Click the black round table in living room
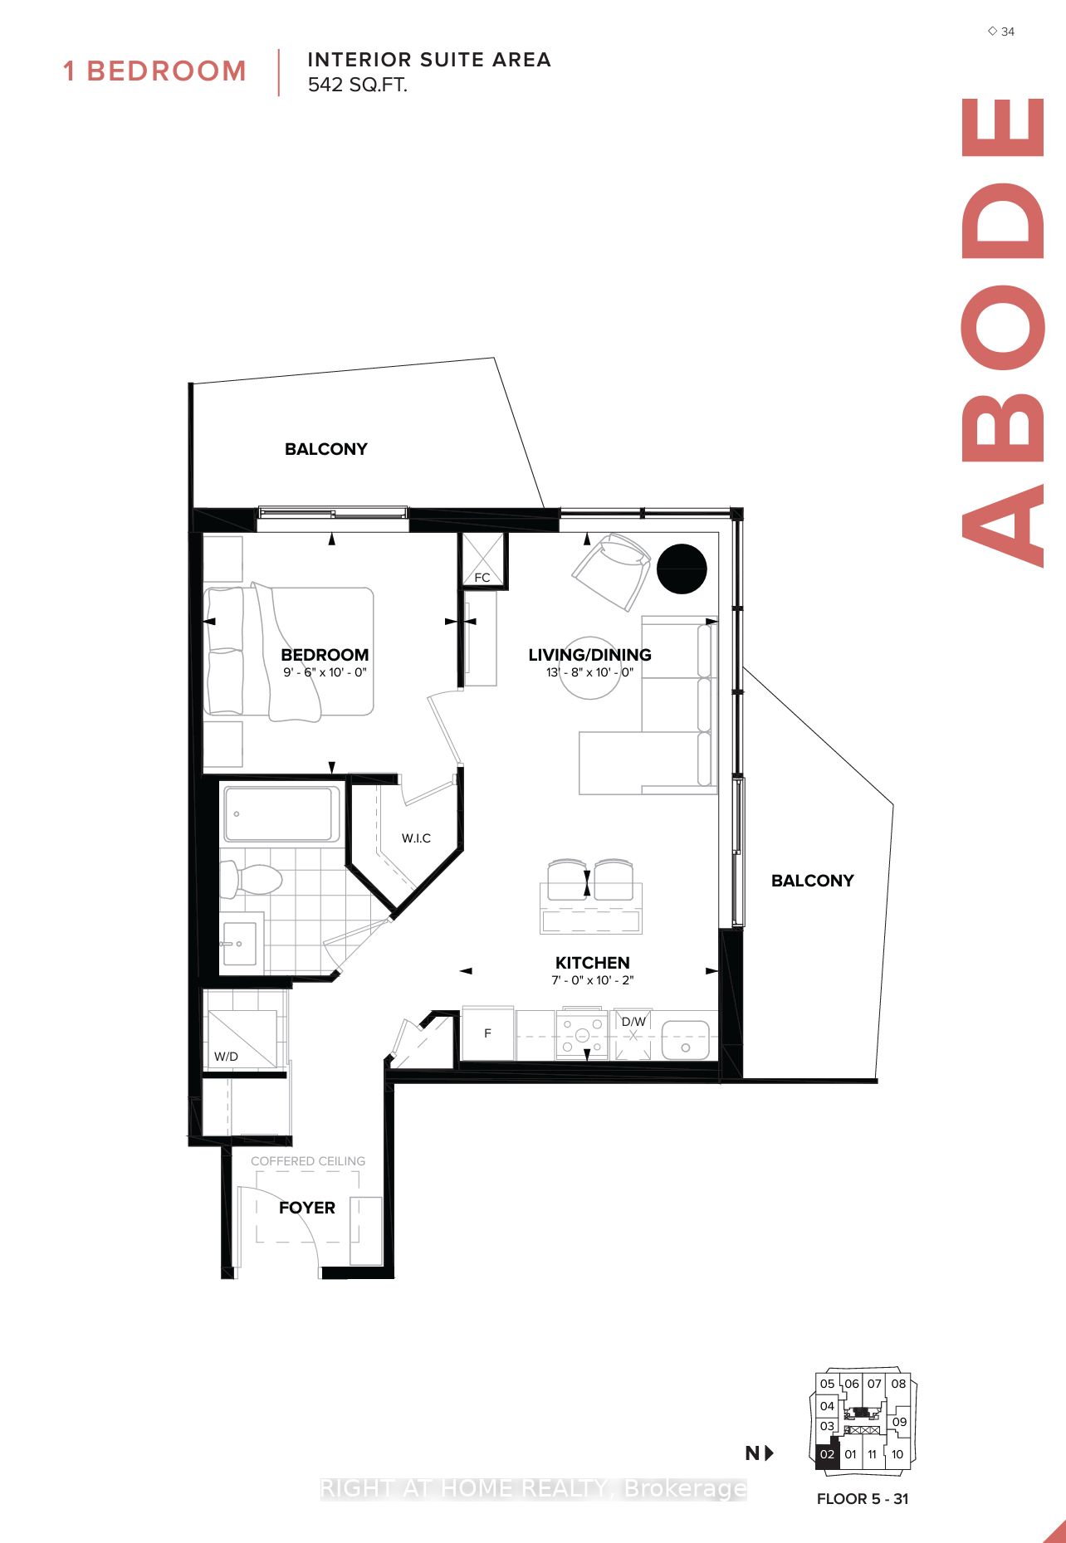[x=682, y=569]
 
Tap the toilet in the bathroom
[x=253, y=879]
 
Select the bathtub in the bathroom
[x=280, y=813]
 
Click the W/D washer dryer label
[x=226, y=1057]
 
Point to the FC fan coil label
[x=482, y=577]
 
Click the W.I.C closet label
[x=416, y=838]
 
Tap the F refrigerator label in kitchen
[x=487, y=1033]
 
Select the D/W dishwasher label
[x=633, y=1022]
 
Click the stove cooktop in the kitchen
[x=582, y=1035]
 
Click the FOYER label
[x=307, y=1208]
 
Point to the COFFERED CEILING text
[x=308, y=1160]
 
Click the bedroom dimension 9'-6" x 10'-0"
[x=325, y=672]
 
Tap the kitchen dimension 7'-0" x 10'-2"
[x=592, y=980]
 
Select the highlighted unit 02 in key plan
[x=827, y=1454]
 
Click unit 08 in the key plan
[x=898, y=1384]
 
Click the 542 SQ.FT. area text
[x=358, y=85]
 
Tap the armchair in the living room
[x=611, y=570]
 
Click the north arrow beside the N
[x=770, y=1453]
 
